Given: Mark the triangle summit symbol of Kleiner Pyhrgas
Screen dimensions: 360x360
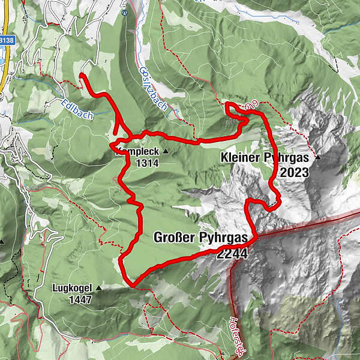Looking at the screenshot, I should coord(318,158).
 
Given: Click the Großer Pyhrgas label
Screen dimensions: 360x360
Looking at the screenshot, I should coord(200,238).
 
